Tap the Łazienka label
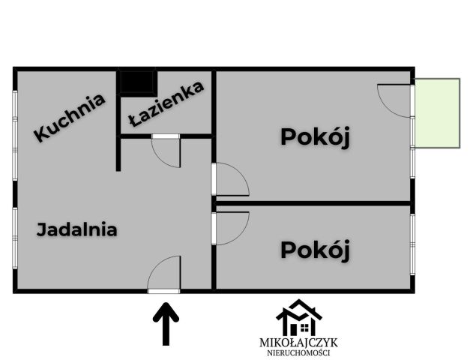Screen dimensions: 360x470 coord(166,106)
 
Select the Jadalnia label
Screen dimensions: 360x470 coord(76,229)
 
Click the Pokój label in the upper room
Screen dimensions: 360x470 coord(316,137)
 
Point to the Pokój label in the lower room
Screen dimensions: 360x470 coord(316,250)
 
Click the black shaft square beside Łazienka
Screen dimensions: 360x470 coord(136,81)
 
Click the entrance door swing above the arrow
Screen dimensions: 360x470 coord(165,274)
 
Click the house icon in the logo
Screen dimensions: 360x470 coord(298,318)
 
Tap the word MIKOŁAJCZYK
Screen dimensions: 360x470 coord(298,343)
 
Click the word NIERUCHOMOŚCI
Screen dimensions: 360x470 coord(298,353)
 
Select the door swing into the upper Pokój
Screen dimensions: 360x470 coord(231,180)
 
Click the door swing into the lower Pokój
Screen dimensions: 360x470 coord(231,228)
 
